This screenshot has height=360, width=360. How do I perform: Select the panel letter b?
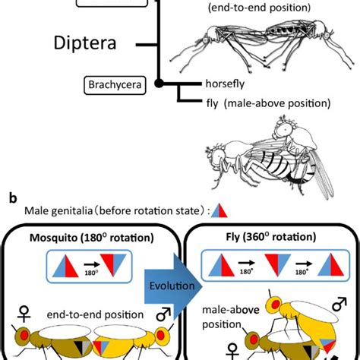(x=11, y=197)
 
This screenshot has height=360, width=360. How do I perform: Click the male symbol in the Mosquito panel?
(x=162, y=314)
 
